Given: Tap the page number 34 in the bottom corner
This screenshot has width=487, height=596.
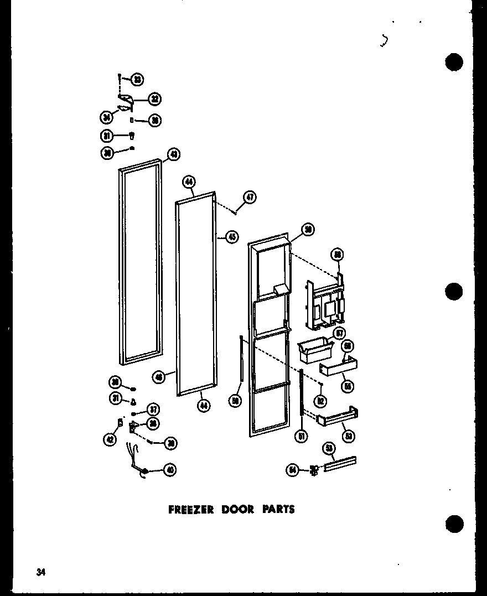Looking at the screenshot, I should coord(40,572).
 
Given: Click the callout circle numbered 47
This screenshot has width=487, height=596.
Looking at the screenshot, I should coord(250,197).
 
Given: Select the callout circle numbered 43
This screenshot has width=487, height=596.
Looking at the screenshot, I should coord(173,154).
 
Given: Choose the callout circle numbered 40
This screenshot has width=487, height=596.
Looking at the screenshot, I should coord(169,470).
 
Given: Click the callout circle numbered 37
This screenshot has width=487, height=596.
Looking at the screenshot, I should coord(153,410).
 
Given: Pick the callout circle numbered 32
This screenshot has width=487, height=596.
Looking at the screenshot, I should coord(154,100).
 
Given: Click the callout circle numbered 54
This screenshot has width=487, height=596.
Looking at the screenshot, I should coord(292,470).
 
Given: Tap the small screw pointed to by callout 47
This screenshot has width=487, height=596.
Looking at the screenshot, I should coord(236,211).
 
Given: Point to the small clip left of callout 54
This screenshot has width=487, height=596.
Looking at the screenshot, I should coord(314,471).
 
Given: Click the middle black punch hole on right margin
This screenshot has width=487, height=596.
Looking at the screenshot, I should coord(454,291).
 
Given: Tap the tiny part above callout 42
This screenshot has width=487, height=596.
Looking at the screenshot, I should coord(120,423).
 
